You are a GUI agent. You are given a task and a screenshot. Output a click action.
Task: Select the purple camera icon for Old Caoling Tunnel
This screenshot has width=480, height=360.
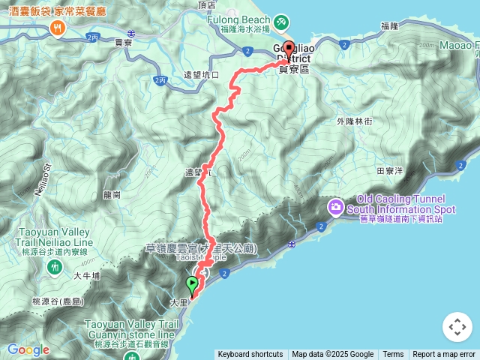pos(335,205)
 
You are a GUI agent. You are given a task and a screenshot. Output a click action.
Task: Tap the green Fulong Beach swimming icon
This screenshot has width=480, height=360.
pos(281,22)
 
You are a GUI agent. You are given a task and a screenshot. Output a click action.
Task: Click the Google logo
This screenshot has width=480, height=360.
pos(28,349)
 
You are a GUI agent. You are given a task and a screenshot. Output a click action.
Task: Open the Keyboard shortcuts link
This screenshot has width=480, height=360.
pos(250,355)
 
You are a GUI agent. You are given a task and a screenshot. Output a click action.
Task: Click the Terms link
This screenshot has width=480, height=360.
pos(393,355)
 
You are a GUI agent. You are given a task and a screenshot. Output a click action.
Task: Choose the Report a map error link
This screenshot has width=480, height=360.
pos(444,355)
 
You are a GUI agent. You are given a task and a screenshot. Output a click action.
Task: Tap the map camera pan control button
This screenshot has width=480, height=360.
pos(457,327)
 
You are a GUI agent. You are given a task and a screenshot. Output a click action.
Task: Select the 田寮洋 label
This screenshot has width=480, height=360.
pos(389,171)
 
